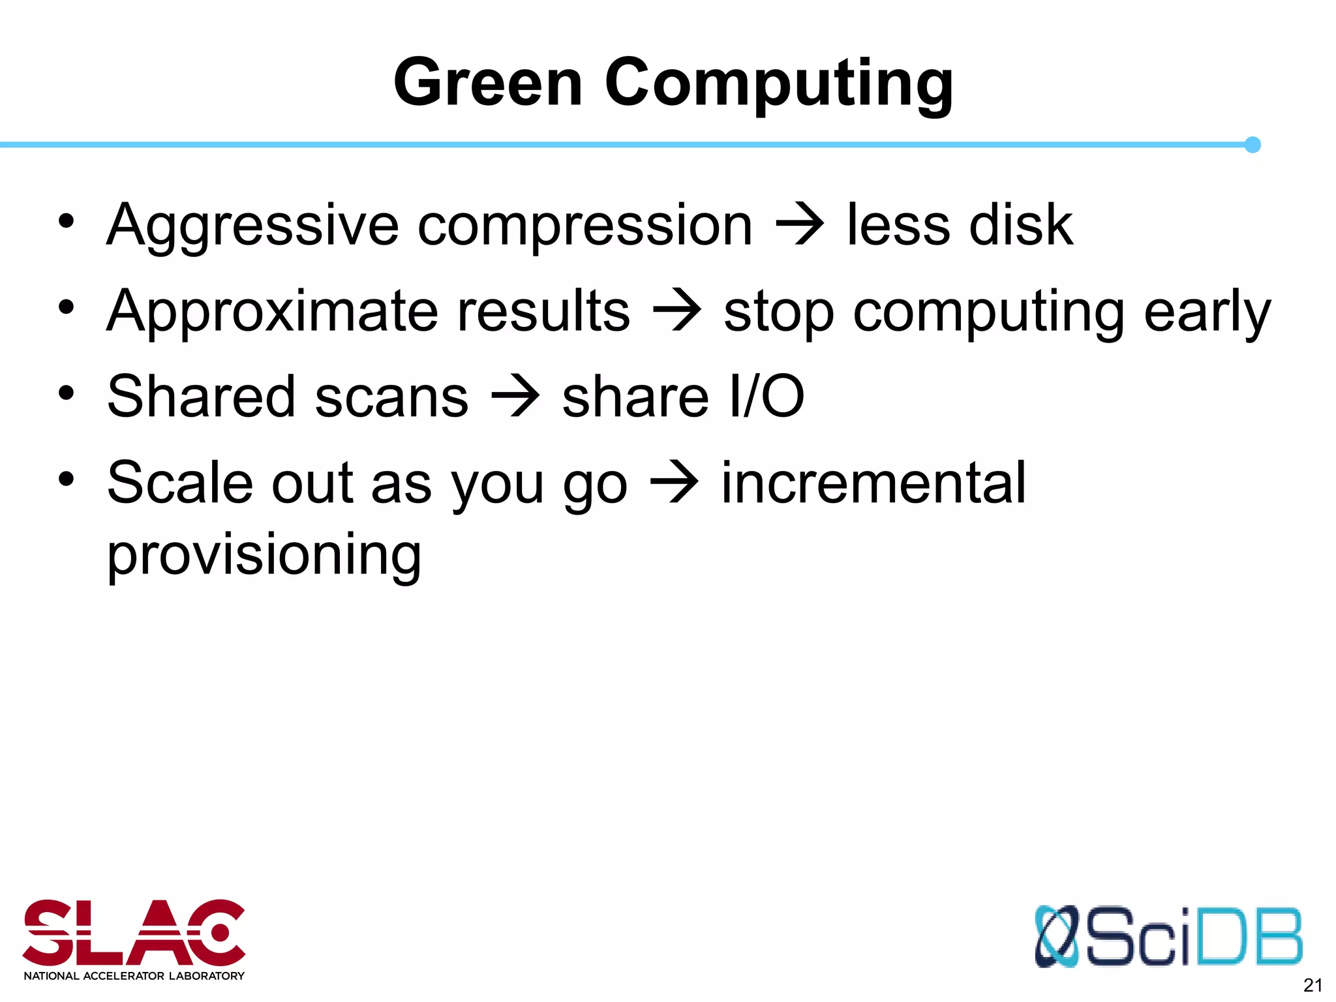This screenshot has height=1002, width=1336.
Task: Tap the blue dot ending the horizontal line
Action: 1252,145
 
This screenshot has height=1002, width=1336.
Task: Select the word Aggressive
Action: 252,226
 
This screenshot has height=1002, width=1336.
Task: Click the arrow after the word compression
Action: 800,226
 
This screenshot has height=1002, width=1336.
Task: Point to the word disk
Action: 1021,226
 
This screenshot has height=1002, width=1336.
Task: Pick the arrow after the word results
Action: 677,312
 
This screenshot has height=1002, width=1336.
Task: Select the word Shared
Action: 201,397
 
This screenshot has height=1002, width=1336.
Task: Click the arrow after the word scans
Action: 515,396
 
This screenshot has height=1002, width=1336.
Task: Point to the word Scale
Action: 179,483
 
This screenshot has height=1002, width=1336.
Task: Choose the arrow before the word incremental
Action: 675,483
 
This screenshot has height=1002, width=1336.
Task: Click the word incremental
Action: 873,483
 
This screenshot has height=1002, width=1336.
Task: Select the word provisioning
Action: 264,556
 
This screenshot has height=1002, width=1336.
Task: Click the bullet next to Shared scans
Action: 66,393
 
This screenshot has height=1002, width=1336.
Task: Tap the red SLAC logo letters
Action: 134,933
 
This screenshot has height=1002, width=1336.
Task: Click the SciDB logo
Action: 1168,937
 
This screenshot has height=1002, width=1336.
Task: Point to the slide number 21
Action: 1313,985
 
